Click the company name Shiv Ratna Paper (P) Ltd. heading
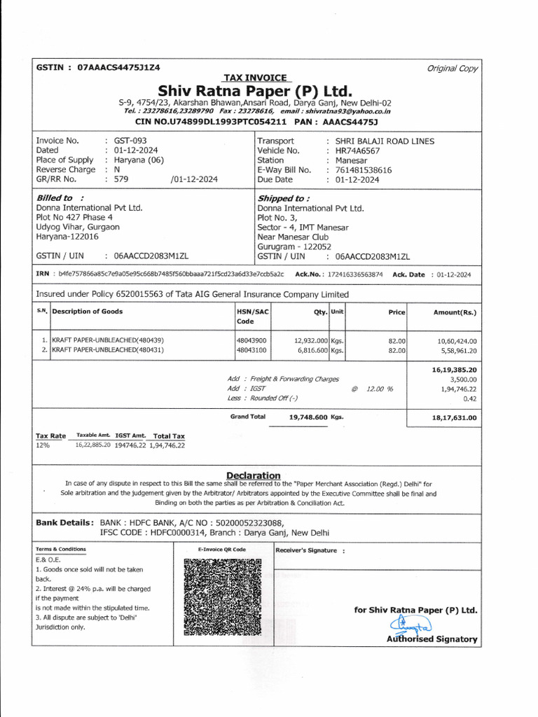[255, 91]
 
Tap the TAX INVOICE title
[255, 77]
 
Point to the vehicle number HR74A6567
[359, 151]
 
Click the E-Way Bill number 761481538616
[364, 170]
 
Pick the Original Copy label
[453, 68]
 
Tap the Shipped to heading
[284, 198]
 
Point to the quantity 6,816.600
[309, 349]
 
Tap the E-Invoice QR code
[223, 597]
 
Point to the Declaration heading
[253, 475]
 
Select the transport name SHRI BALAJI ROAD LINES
[385, 141]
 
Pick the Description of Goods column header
[88, 312]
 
